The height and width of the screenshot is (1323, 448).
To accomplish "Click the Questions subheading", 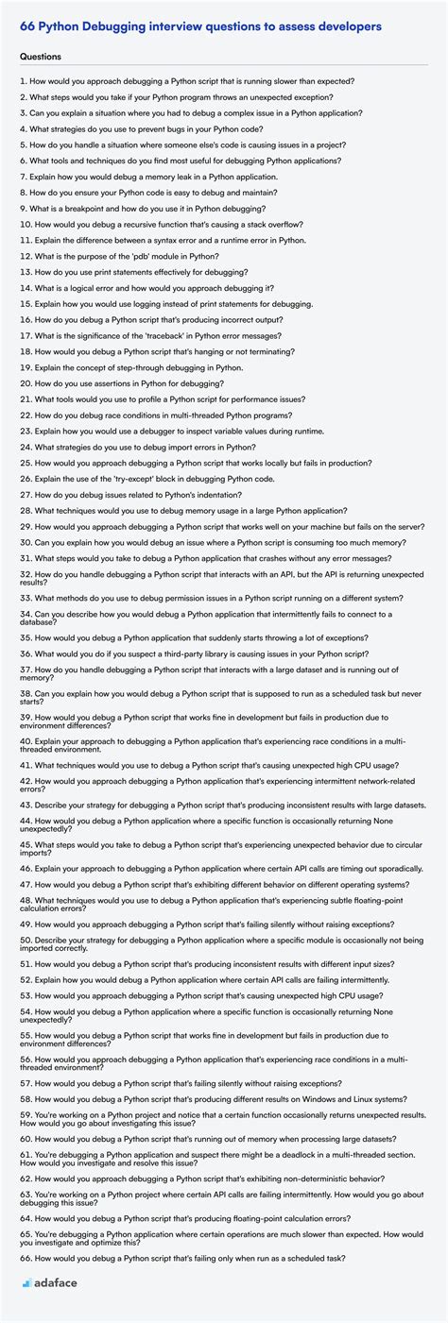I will (x=42, y=57).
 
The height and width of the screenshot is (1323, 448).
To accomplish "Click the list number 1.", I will (x=22, y=81).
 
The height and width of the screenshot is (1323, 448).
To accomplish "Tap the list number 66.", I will (x=26, y=1259).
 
